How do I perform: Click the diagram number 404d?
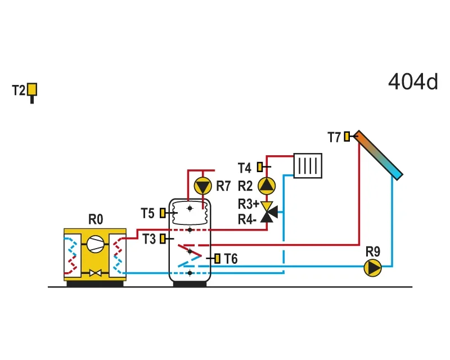pyautogui.click(x=413, y=82)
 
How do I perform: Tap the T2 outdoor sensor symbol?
pyautogui.click(x=32, y=91)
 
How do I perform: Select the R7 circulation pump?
pyautogui.click(x=203, y=186)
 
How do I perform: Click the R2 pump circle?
pyautogui.click(x=267, y=186)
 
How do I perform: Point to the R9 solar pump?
pyautogui.click(x=372, y=268)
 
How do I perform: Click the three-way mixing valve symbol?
pyautogui.click(x=269, y=213)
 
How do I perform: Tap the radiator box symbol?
pyautogui.click(x=308, y=165)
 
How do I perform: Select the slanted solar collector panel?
pyautogui.click(x=378, y=155)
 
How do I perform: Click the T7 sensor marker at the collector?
pyautogui.click(x=347, y=136)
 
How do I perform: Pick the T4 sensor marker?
pyautogui.click(x=260, y=167)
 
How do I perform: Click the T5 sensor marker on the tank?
pyautogui.click(x=163, y=213)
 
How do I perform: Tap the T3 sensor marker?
pyautogui.click(x=163, y=239)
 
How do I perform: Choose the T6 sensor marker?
pyautogui.click(x=217, y=258)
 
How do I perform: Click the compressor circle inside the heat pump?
pyautogui.click(x=95, y=244)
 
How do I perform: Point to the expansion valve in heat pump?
pyautogui.click(x=95, y=273)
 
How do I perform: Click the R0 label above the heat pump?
pyautogui.click(x=96, y=219)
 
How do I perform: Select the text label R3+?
pyautogui.click(x=249, y=204)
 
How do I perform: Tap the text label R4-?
pyautogui.click(x=247, y=219)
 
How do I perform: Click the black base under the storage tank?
pyautogui.click(x=190, y=283)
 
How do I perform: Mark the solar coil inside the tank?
pyautogui.click(x=190, y=255)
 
